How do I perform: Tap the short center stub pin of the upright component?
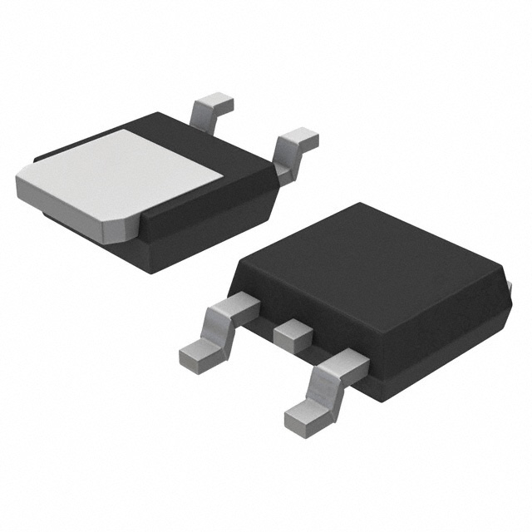[x=292, y=334]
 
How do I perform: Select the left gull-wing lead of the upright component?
[x=218, y=328]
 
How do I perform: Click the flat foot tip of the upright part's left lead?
[x=196, y=355]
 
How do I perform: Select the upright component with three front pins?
[x=374, y=299]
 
